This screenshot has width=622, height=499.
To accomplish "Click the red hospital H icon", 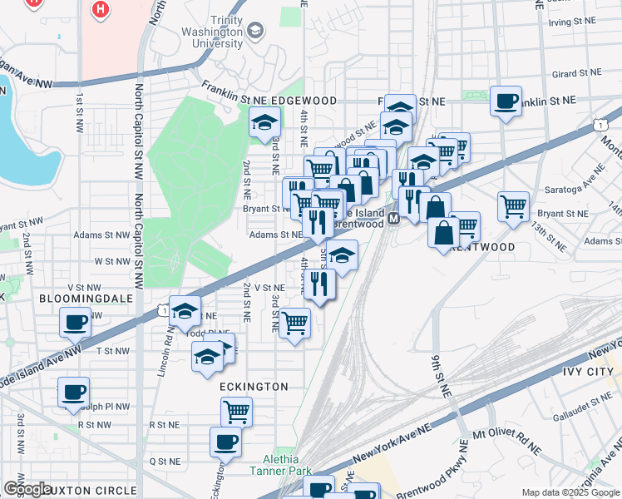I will coord(101,10).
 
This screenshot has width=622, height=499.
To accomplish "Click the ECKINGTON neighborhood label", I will coord(254,387).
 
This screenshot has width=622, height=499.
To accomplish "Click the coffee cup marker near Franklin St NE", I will coord(506,101).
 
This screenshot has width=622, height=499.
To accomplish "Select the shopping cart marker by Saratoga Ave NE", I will coord(513,205).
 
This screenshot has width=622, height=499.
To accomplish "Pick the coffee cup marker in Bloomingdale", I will coord(75,322).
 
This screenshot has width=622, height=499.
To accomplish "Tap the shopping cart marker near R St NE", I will coord(236,411).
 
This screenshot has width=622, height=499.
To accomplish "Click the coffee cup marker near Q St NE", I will coord(225,442).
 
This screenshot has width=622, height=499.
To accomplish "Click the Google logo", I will coord(27,488).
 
